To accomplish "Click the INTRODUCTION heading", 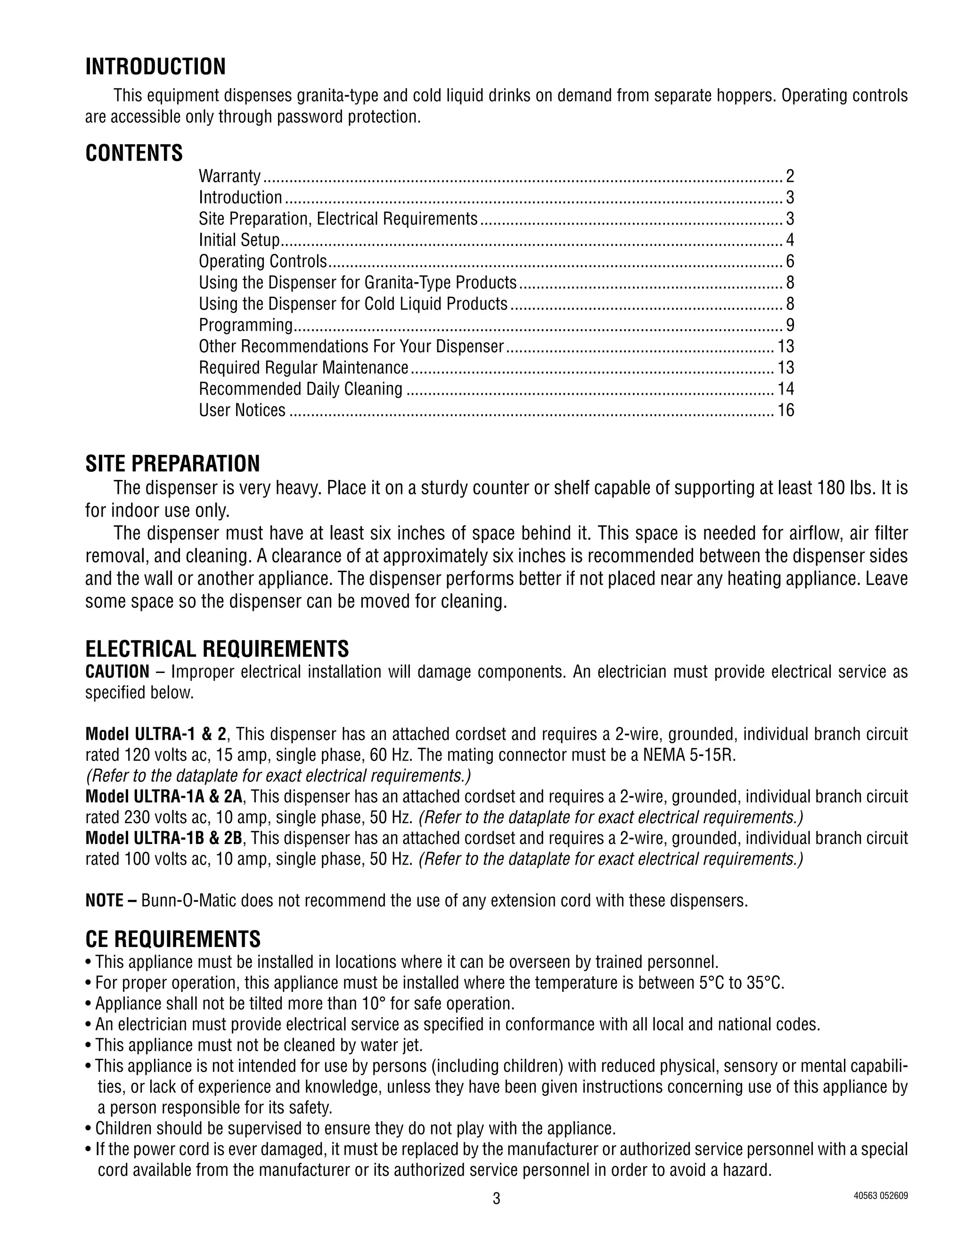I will pyautogui.click(x=155, y=67).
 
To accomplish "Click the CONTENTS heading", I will pyautogui.click(x=134, y=153).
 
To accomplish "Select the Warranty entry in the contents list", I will pyautogui.click(x=229, y=176).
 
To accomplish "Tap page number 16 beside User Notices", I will pyautogui.click(x=785, y=410).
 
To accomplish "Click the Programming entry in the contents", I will pyautogui.click(x=245, y=325).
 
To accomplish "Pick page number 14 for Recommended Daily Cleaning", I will pyautogui.click(x=785, y=389).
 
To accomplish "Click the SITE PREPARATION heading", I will pyautogui.click(x=172, y=463).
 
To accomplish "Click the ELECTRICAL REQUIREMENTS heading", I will pyautogui.click(x=217, y=649).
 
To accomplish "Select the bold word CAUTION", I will pyautogui.click(x=117, y=672).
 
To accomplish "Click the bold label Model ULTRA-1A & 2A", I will pyautogui.click(x=164, y=796).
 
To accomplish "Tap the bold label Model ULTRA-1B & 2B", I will pyautogui.click(x=164, y=838).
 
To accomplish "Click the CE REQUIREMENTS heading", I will pyautogui.click(x=172, y=940).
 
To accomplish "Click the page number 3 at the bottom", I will pyautogui.click(x=496, y=1199).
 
